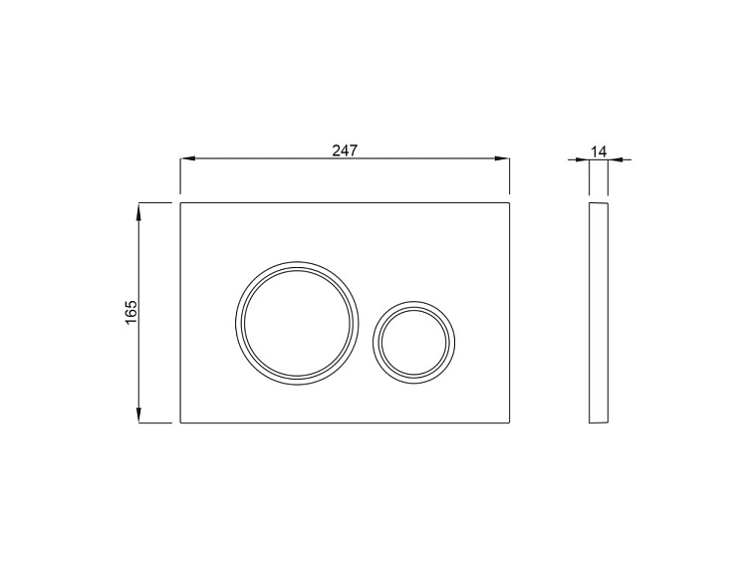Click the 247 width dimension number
pos(345,149)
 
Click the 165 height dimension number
pos(131,313)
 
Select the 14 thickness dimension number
pos(599,150)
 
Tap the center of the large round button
pos(295,321)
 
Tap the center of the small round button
pos(414,339)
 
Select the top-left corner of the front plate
pos(180,203)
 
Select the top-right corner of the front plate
pos(510,203)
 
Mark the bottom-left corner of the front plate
pos(180,423)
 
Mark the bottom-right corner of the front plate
pos(510,423)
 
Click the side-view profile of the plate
pos(598,313)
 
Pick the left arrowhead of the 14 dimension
pos(585,158)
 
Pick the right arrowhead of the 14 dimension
pos(614,158)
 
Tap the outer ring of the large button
pos(237,321)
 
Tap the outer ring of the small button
pos(375,339)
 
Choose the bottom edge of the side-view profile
pos(598,423)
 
